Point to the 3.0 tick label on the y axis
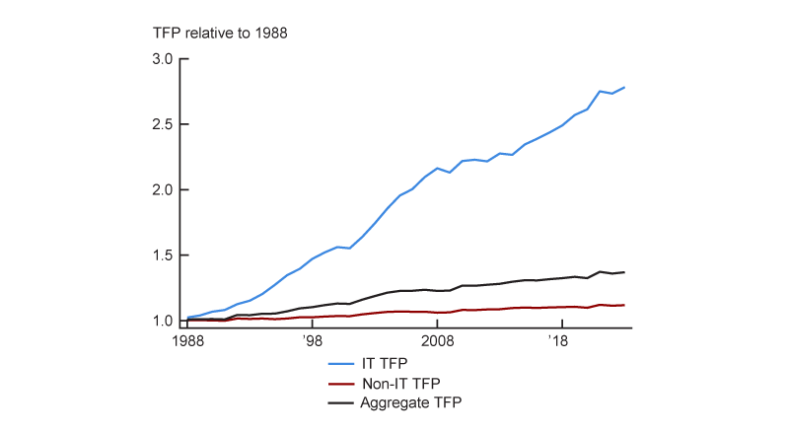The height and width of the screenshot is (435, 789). coord(163,59)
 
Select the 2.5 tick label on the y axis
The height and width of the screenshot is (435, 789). coord(163,124)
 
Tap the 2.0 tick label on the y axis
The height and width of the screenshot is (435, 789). coord(163,189)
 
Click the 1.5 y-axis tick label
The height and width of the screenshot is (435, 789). coord(163,255)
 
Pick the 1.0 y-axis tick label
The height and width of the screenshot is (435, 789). coord(163,321)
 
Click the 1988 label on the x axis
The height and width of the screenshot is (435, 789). coord(187,340)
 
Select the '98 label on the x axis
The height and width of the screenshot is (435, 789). coord(312,340)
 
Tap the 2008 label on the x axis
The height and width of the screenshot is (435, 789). coord(437,340)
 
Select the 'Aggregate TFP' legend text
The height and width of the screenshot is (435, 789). coord(411,402)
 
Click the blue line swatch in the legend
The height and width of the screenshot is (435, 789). coord(341,363)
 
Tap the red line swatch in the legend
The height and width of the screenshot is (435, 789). coord(341,383)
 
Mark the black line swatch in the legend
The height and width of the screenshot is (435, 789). coord(341,402)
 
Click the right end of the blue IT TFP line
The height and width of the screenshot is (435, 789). coord(624,88)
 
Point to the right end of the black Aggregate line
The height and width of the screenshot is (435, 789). coord(624,272)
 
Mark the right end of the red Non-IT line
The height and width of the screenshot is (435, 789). coord(624,305)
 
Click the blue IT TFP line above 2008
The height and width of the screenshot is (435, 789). coord(437,169)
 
